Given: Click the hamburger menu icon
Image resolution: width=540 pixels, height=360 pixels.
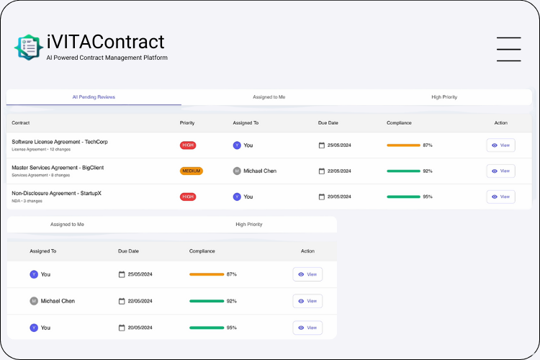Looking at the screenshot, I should tap(508, 49).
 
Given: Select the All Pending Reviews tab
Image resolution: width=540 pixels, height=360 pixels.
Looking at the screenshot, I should tap(94, 97).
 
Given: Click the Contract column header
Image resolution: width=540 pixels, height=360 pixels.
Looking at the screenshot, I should tap(21, 123).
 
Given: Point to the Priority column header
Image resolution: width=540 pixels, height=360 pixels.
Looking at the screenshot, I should tap(187, 123).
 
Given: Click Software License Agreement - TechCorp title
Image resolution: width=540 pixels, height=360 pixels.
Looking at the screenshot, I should tap(60, 142).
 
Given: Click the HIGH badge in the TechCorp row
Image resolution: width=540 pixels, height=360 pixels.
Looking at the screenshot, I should tap(188, 145).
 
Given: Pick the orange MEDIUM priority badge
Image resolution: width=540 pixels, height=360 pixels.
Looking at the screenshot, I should tap(192, 171).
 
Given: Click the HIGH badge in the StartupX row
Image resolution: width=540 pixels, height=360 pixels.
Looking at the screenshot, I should tap(188, 197).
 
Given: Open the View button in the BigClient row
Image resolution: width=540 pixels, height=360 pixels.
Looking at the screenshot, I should tap(500, 171).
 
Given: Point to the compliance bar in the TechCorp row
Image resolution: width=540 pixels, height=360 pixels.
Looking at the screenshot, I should tap(403, 145).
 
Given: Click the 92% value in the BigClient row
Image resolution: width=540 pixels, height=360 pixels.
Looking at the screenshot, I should tap(428, 171).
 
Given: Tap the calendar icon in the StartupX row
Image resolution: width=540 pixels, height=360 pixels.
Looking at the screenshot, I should tap(322, 197).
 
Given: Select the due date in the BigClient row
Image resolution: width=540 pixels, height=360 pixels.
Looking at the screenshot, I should tap(338, 171).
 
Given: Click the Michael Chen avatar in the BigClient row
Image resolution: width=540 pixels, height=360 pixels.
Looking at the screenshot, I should tap(237, 171).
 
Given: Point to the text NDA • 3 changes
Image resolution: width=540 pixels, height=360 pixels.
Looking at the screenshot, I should tap(27, 201).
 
